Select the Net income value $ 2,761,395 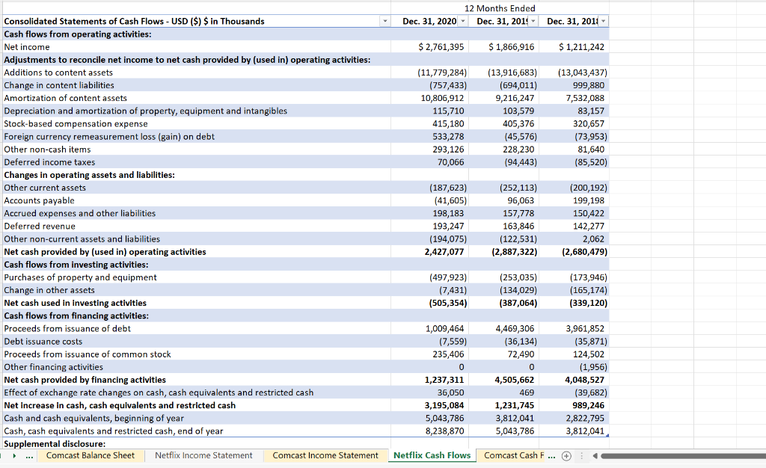441,47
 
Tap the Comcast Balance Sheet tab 90,455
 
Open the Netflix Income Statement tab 203,455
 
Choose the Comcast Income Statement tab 325,455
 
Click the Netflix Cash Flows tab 432,455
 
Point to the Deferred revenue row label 40,226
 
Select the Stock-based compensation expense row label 76,124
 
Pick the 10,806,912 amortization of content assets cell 443,98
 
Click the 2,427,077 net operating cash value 444,252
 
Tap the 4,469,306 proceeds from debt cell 515,328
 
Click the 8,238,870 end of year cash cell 444,431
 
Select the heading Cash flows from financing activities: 76,315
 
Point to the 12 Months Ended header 500,8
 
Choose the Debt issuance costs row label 43,342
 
